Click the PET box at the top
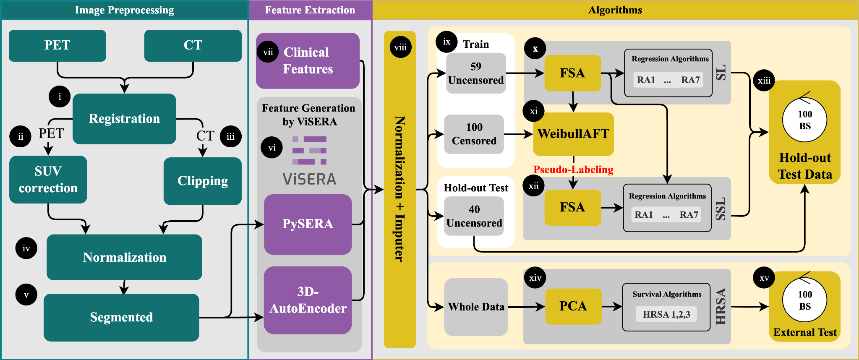coord(57,45)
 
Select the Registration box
coord(124,119)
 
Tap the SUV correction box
coord(48,180)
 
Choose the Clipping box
coord(202,181)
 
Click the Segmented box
coord(121,317)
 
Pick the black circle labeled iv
coord(26,248)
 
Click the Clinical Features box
coord(308,61)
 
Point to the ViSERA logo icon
coord(309,150)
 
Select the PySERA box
coord(308,224)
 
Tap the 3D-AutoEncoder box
coord(308,300)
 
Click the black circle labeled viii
coord(400,47)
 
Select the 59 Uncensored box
coord(475,73)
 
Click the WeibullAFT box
coord(573,134)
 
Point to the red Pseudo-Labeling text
coord(573,170)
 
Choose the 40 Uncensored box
coord(474,216)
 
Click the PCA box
coord(573,306)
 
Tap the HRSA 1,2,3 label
coord(666,314)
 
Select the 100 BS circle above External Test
coord(804,300)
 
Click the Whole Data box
coord(476,307)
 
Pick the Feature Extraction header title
coord(310,10)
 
